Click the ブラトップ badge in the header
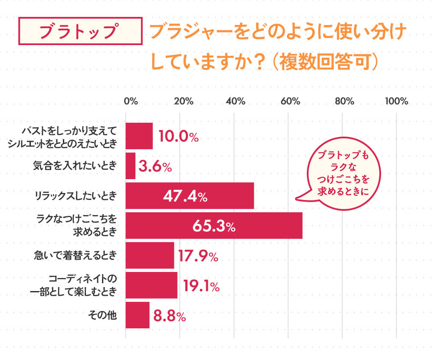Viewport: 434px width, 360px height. pos(81,31)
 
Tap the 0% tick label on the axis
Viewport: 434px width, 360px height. pos(131,101)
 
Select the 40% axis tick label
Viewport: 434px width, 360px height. pos(235,101)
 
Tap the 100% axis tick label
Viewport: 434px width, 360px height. pos(397,101)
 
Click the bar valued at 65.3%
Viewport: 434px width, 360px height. pos(214,226)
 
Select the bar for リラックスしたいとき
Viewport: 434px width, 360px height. pos(189,196)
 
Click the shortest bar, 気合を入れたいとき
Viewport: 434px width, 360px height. pos(131,166)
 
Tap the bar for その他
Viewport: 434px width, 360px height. pos(138,315)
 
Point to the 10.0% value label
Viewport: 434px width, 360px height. pos(178,137)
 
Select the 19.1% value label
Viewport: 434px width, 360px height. pos(201,286)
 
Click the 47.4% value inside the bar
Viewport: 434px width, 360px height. pos(185,196)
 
